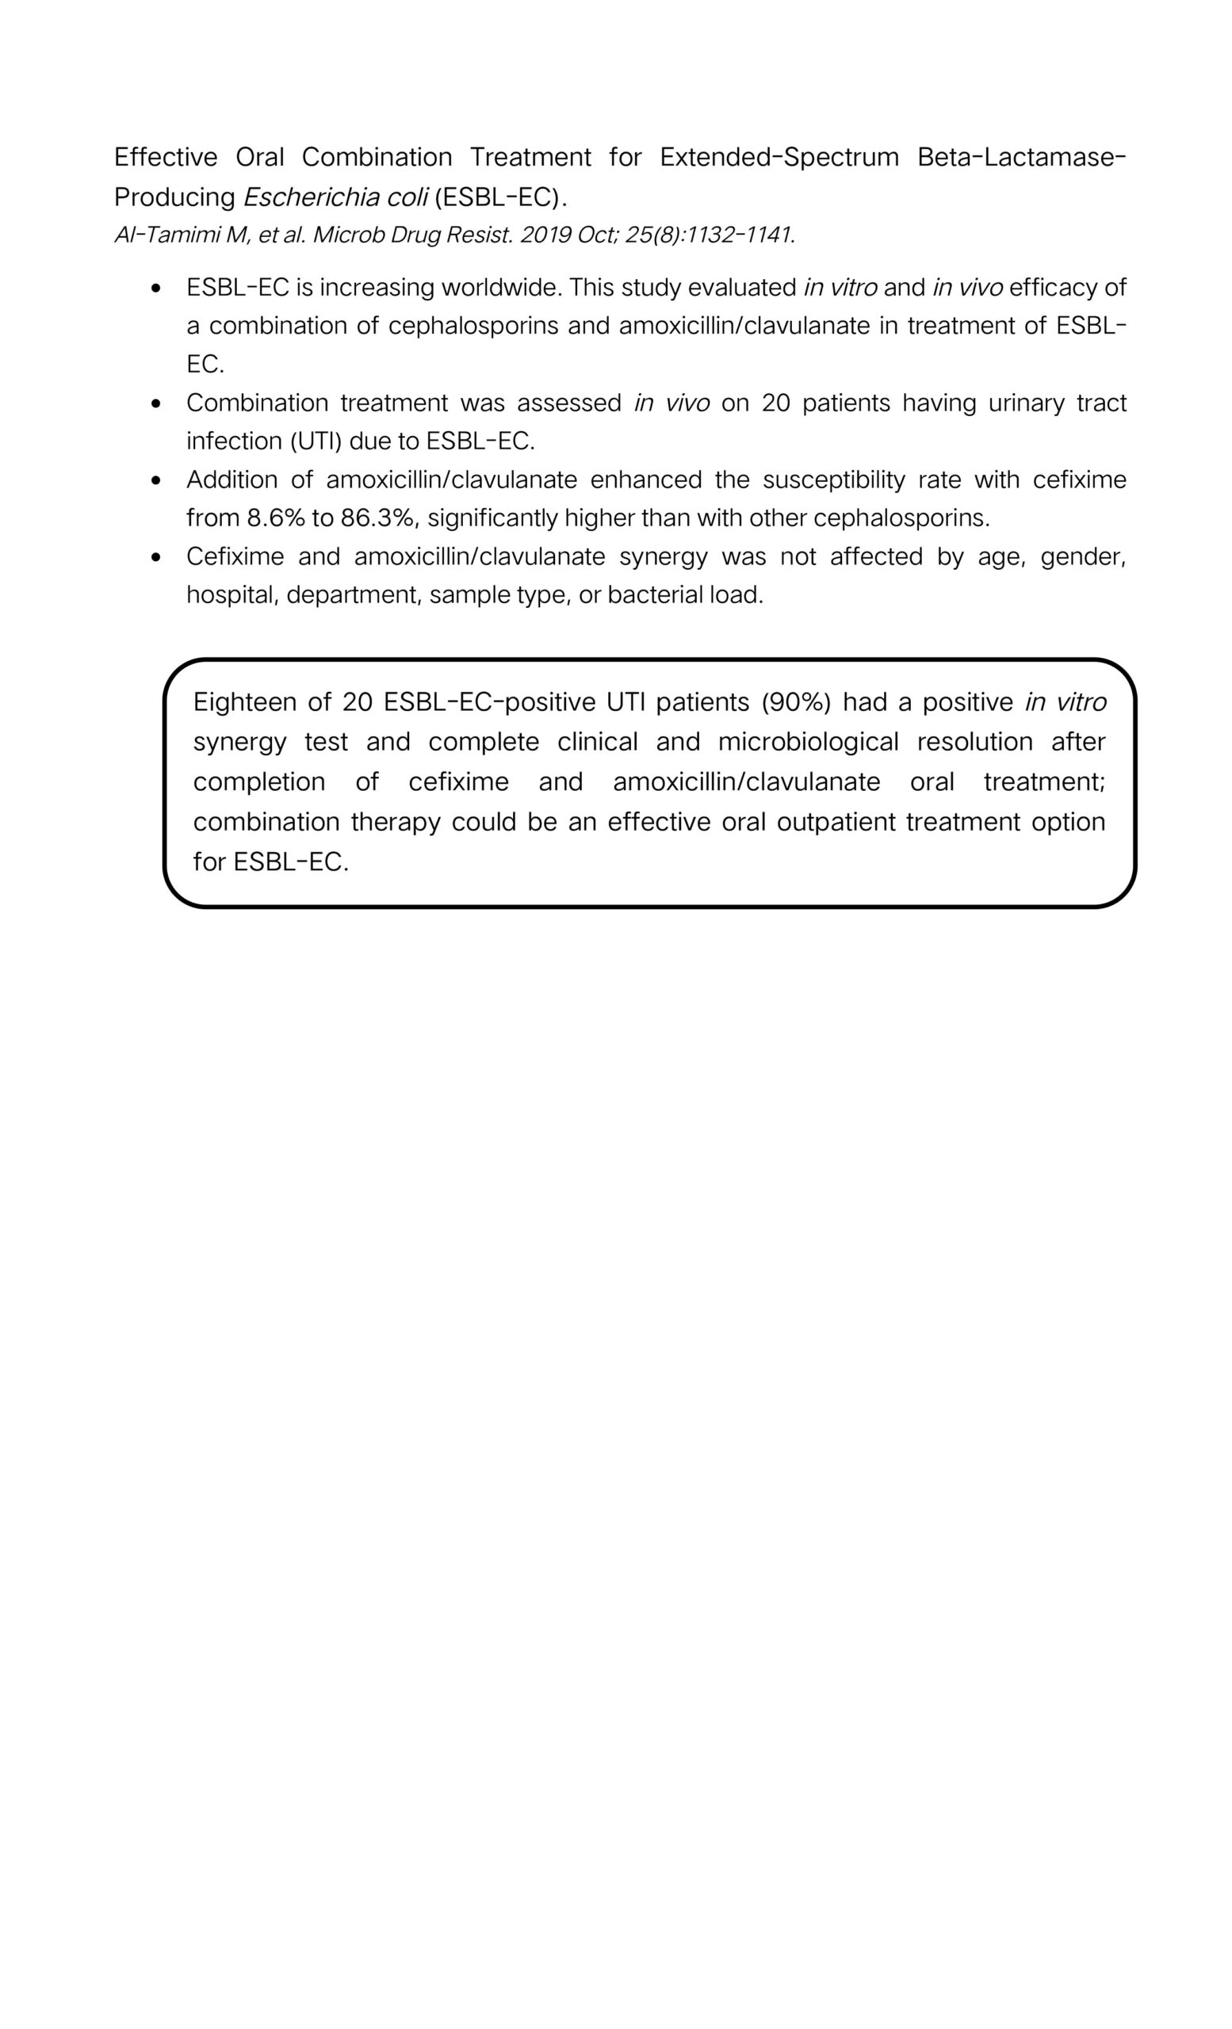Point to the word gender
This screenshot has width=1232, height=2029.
point(1082,556)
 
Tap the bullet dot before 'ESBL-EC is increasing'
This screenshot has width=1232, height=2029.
point(156,289)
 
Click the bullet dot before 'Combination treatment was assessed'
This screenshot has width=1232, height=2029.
point(156,404)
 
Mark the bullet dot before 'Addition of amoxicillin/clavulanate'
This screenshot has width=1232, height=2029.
point(156,481)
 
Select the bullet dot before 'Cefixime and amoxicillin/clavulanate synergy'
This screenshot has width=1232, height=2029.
point(156,557)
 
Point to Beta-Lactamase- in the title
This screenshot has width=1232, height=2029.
point(1021,156)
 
